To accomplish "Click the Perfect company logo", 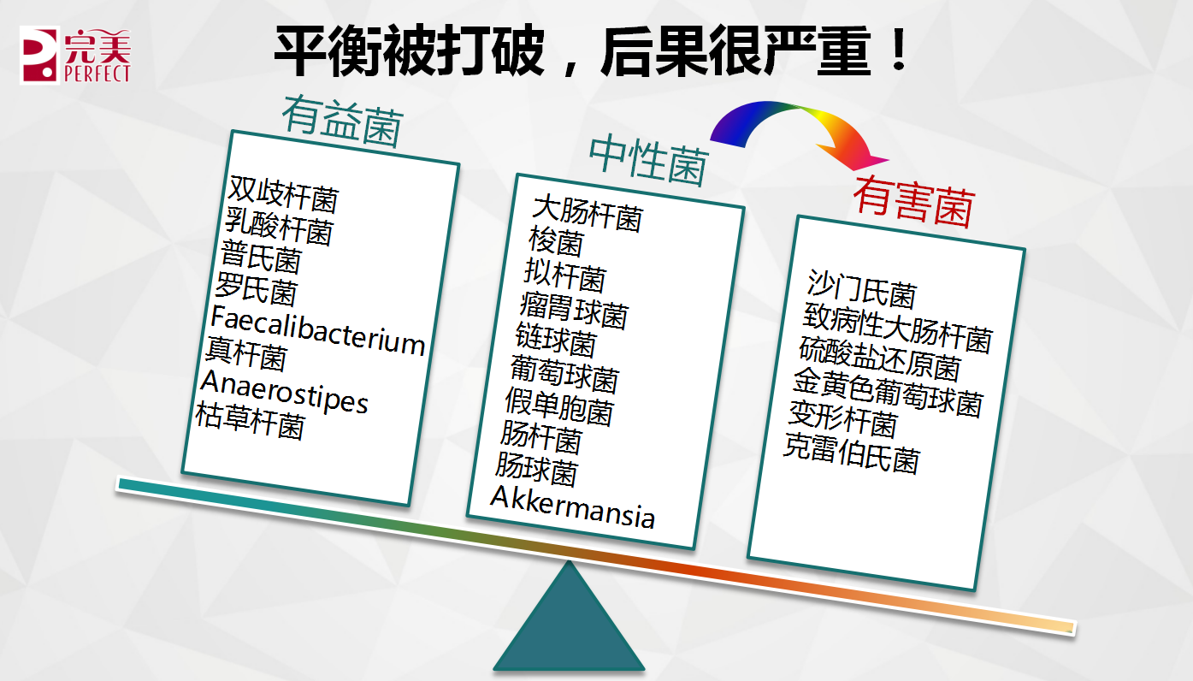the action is point(75,55).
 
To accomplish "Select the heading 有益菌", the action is point(342,121).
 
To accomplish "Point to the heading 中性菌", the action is point(649,160).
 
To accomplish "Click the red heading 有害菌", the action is point(914,201).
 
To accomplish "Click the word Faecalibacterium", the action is point(318,331).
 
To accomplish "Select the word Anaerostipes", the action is point(285,392).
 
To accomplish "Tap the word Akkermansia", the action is point(572,507).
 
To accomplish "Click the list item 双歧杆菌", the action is point(283,193).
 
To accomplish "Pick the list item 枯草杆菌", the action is point(251,421).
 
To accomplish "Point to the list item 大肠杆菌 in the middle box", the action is point(588,213).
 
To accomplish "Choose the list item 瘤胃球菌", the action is point(574,310).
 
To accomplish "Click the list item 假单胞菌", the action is point(560,407).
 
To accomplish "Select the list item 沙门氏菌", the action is point(862,289).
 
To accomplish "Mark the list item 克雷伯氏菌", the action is point(852,453).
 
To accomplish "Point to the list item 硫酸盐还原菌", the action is point(880,358).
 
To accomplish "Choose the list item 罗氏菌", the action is point(257,289).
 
